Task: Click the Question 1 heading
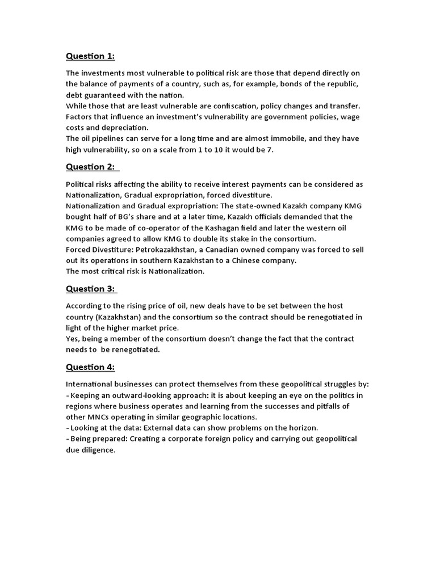click(x=90, y=56)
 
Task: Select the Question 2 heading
click(x=90, y=167)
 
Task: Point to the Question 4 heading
click(x=90, y=367)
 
